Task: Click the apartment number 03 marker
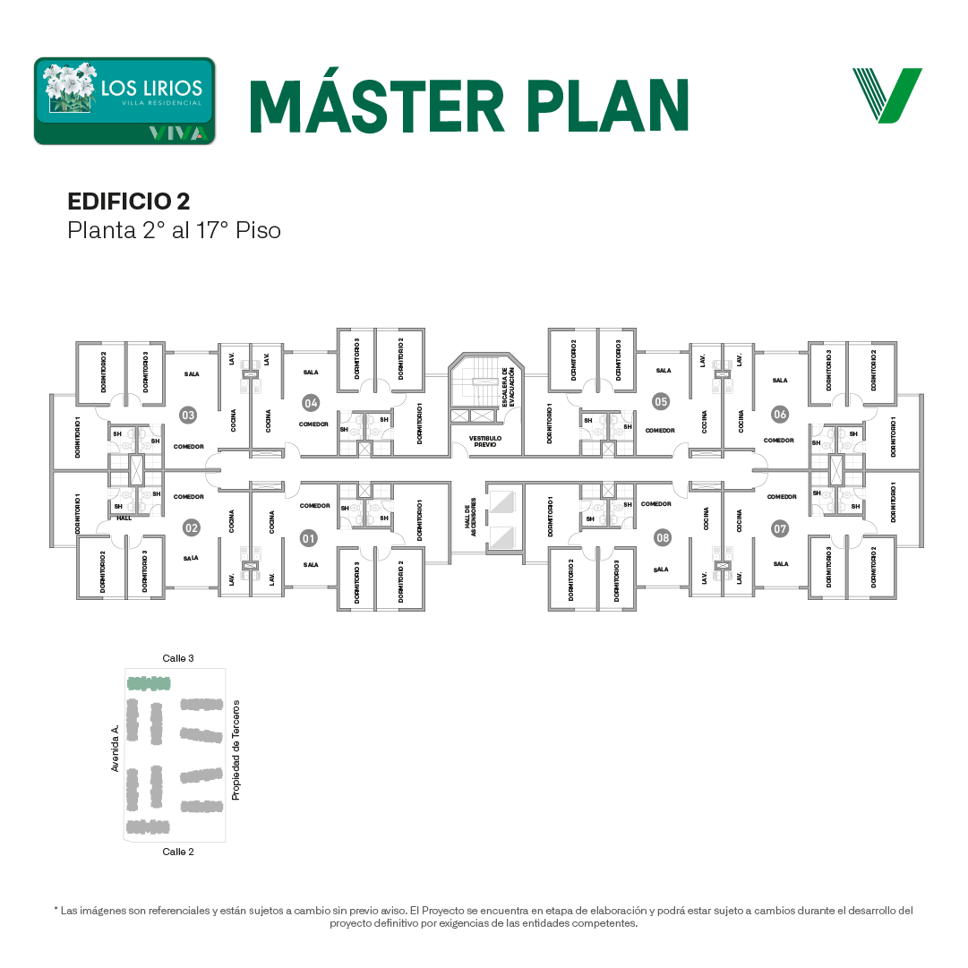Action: point(188,415)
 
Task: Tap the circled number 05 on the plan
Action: point(661,401)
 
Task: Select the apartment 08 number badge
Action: point(663,537)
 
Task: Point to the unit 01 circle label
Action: point(308,538)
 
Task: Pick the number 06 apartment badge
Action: point(780,414)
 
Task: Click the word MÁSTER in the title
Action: point(377,107)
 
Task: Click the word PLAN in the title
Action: point(608,107)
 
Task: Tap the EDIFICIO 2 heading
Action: point(128,201)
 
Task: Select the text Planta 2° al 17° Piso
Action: point(174,230)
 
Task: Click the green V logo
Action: point(887,95)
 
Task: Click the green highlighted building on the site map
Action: point(149,684)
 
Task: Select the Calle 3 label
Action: point(178,658)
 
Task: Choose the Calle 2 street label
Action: point(178,852)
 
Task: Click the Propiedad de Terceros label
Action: point(236,750)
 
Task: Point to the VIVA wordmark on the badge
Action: point(180,133)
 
